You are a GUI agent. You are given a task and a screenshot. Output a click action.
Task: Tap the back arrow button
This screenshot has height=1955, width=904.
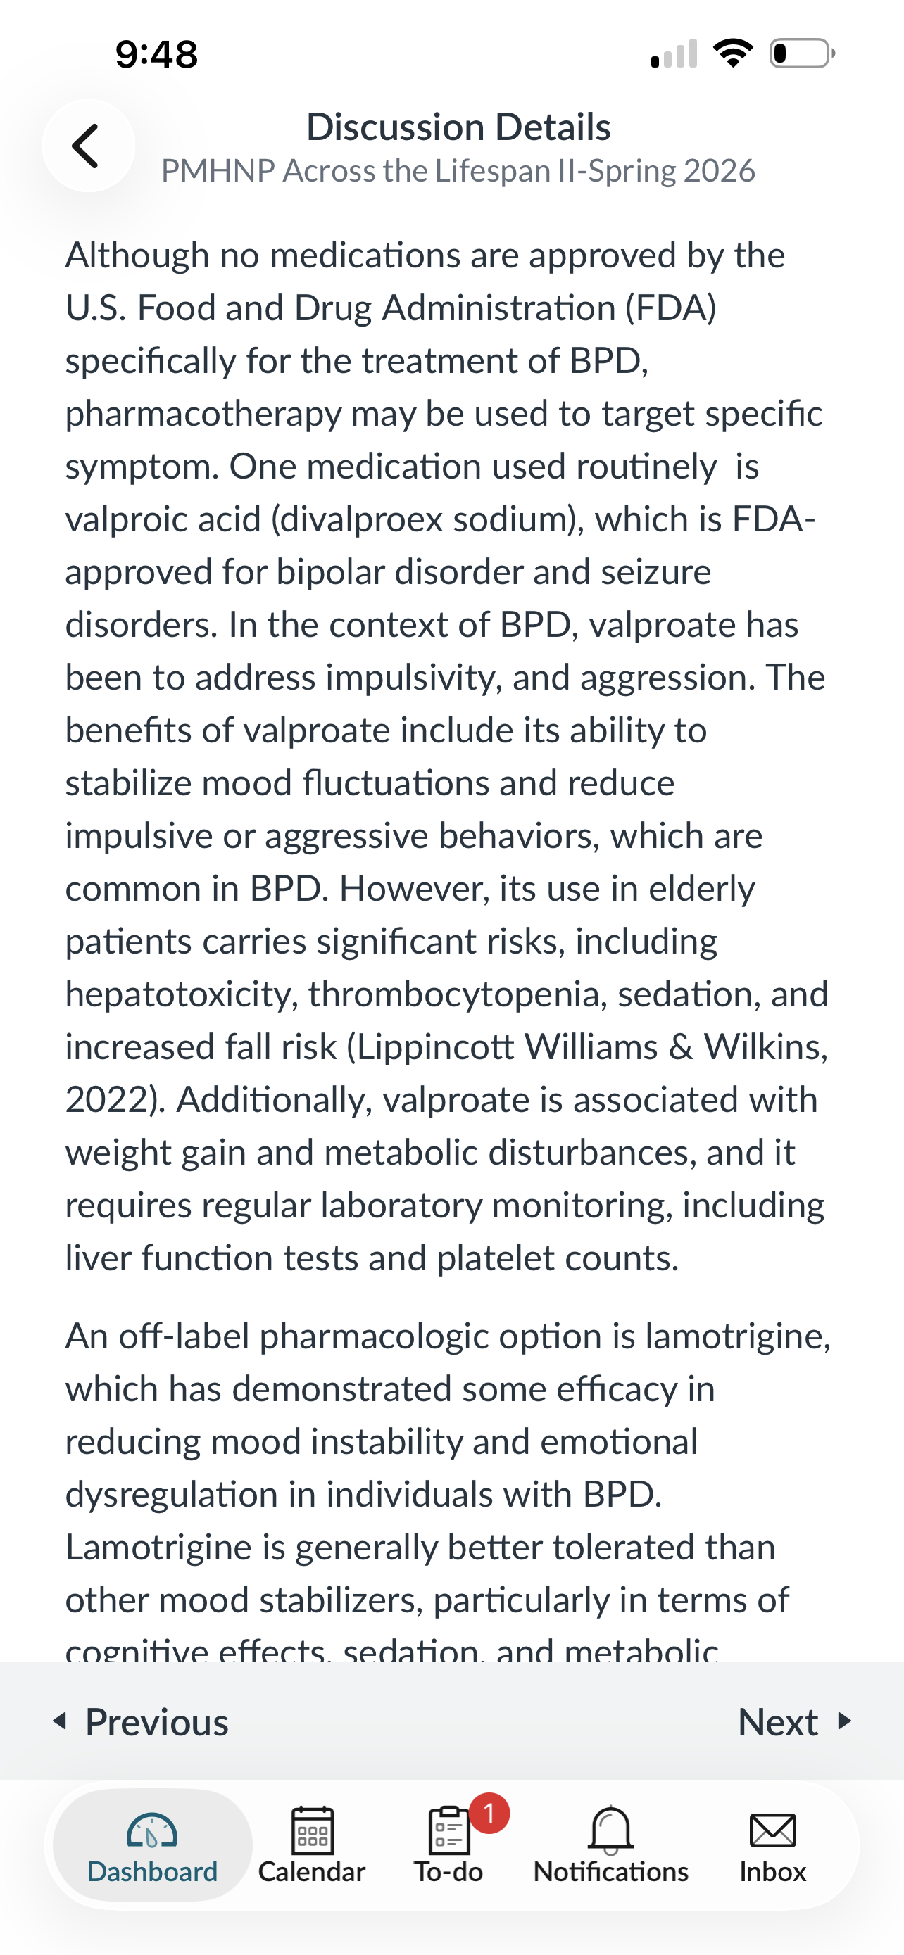[x=87, y=146]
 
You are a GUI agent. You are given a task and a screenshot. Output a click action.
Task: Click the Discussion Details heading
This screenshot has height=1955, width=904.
[x=458, y=127]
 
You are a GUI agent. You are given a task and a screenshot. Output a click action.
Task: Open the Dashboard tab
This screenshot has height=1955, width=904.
[x=152, y=1845]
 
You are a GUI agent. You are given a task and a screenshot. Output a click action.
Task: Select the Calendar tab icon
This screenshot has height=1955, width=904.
[x=312, y=1830]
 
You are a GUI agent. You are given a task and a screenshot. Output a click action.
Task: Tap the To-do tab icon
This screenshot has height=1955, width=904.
[x=448, y=1830]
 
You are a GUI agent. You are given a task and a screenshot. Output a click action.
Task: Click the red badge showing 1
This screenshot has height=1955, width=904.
[x=489, y=1813]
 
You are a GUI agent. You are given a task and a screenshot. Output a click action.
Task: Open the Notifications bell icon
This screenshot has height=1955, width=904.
[x=610, y=1830]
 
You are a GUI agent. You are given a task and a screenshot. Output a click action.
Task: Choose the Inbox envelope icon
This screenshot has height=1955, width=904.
[x=772, y=1830]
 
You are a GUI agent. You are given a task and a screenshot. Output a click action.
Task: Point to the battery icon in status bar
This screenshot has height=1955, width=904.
[x=801, y=53]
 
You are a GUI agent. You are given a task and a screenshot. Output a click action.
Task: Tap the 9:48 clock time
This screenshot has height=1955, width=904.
[x=156, y=55]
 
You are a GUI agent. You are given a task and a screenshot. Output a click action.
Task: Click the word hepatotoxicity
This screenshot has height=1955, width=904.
[x=181, y=994]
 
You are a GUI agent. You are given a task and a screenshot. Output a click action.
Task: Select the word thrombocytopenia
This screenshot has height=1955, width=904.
[x=453, y=994]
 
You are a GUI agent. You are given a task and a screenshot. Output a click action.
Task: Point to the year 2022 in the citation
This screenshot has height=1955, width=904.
[x=110, y=1100]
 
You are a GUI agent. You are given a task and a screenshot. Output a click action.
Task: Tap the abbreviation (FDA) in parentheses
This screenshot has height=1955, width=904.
[x=670, y=308]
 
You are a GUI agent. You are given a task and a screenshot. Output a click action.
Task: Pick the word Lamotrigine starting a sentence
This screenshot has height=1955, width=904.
[x=158, y=1547]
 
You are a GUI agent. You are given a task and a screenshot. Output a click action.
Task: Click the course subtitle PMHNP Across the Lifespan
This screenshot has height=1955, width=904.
[x=458, y=171]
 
